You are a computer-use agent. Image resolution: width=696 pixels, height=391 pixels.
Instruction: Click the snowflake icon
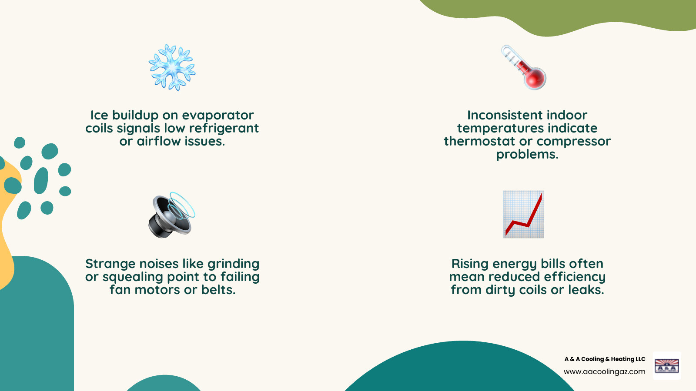click(x=172, y=67)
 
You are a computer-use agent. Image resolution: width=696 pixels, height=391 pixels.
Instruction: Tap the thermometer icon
click(x=524, y=67)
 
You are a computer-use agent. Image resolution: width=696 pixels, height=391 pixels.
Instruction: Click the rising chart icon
click(x=524, y=215)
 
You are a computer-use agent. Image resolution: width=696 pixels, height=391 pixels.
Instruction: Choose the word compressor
click(x=574, y=142)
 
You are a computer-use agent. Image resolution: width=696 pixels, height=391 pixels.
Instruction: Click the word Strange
click(x=110, y=264)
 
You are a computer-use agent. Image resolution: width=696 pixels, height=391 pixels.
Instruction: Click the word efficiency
click(x=575, y=277)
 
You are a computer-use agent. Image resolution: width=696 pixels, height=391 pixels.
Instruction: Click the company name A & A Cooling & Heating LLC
click(x=605, y=359)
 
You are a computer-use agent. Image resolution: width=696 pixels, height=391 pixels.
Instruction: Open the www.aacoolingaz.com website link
click(x=605, y=372)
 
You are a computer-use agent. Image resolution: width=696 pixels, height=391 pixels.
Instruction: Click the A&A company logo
click(x=667, y=366)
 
